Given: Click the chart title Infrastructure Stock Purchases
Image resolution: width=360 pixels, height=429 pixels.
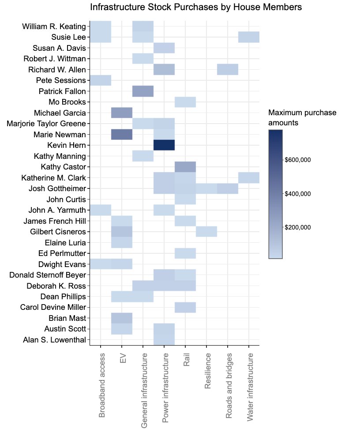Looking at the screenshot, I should pyautogui.click(x=196, y=7).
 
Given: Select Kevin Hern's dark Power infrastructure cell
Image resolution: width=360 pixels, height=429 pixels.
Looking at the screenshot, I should pyautogui.click(x=164, y=145).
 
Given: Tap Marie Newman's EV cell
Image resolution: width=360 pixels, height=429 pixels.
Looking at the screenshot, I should pyautogui.click(x=122, y=134).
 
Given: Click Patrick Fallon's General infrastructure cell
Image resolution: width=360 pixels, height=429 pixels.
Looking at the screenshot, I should pyautogui.click(x=143, y=91).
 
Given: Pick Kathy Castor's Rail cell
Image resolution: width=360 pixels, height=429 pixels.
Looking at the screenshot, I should pyautogui.click(x=185, y=166).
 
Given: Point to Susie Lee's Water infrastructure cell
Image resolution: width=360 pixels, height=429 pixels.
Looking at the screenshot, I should pyautogui.click(x=249, y=37).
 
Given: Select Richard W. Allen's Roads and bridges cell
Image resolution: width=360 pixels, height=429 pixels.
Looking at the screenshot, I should pyautogui.click(x=228, y=69).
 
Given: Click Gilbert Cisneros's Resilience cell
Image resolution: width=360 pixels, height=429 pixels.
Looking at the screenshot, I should pyautogui.click(x=206, y=231).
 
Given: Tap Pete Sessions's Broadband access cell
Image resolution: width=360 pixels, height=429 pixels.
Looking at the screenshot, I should pyautogui.click(x=101, y=80).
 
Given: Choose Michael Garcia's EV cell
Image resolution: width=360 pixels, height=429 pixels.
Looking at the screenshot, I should pyautogui.click(x=122, y=113).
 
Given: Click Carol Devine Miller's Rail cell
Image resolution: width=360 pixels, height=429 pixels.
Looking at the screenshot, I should pyautogui.click(x=185, y=307).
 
